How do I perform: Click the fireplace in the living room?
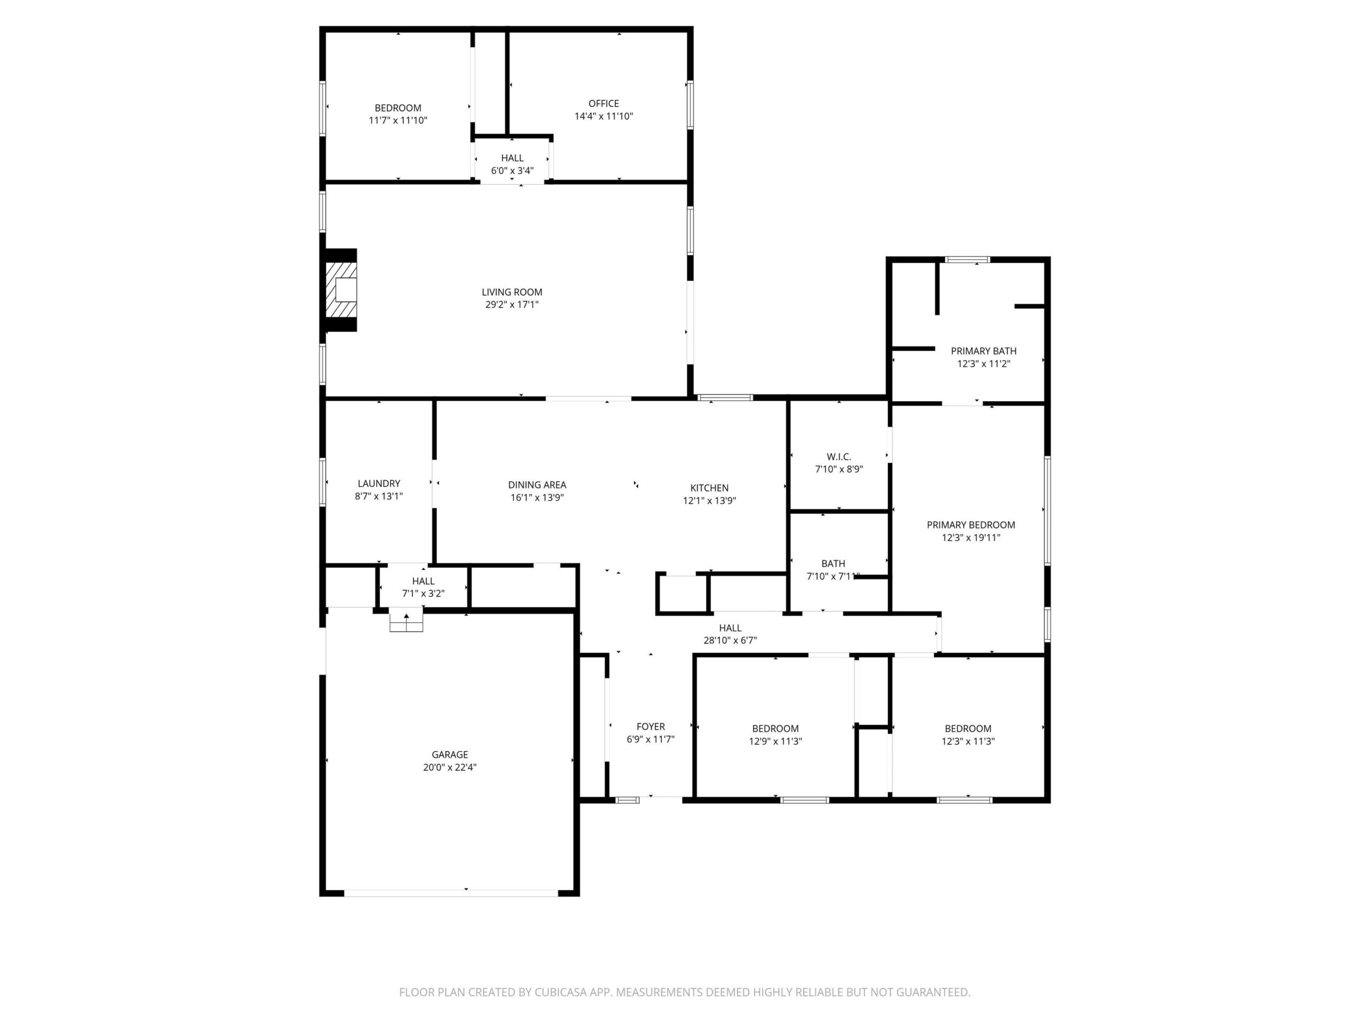tap(341, 290)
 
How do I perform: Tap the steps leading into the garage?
tap(406, 620)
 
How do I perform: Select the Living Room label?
tap(512, 292)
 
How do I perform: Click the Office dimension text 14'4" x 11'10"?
tap(604, 117)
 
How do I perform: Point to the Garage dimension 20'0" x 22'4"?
tap(450, 768)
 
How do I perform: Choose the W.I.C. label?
tap(839, 457)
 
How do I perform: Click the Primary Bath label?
tap(984, 351)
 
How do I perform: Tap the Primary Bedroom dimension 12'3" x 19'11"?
tap(971, 538)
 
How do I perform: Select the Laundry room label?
tap(379, 484)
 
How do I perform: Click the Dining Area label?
tap(537, 485)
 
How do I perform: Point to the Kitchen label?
tap(710, 488)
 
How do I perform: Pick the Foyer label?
tap(650, 727)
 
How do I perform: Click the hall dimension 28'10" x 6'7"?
tap(730, 641)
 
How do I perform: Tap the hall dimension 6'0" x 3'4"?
tap(512, 171)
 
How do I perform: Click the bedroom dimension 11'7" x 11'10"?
tap(398, 121)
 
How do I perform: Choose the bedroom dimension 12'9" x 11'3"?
tap(775, 741)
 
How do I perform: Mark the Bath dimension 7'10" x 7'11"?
tap(833, 576)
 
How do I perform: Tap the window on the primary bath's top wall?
tap(967, 260)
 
